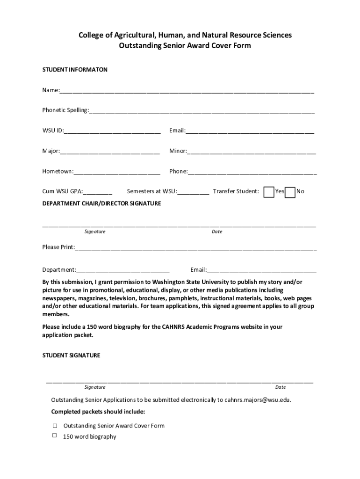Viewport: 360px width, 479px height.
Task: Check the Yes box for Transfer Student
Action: click(269, 192)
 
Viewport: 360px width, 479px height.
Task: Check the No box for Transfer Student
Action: click(290, 192)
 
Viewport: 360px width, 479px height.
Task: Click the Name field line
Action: click(187, 91)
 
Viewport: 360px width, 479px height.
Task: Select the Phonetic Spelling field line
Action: click(202, 111)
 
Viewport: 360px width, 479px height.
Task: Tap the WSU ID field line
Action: click(112, 131)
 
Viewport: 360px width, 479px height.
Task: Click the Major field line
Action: click(110, 152)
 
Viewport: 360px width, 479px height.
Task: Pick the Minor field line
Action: click(252, 152)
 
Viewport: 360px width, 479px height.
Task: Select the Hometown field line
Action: click(117, 172)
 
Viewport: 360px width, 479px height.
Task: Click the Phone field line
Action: click(252, 172)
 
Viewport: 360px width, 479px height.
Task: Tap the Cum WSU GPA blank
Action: click(98, 192)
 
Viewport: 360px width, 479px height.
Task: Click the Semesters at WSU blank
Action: click(194, 192)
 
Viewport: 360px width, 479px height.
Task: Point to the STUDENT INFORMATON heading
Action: click(75, 70)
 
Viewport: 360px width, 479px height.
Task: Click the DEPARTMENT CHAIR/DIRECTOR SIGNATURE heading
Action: click(101, 203)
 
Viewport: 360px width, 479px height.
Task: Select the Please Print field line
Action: click(196, 248)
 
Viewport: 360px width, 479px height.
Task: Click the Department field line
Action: click(123, 270)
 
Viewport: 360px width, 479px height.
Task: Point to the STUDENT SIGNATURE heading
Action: click(71, 356)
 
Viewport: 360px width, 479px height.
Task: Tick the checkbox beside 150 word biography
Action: click(55, 435)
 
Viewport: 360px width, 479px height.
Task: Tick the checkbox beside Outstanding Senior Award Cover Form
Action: click(55, 426)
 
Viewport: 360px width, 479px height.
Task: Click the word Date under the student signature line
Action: click(281, 387)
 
